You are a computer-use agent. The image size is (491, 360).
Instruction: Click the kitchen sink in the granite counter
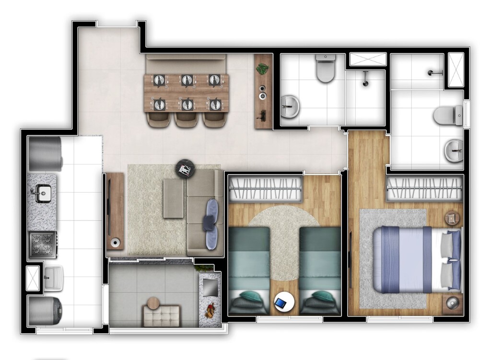coord(42,194)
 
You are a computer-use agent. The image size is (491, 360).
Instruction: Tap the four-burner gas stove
coord(42,244)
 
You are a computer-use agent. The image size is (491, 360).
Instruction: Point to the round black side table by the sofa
coord(185,169)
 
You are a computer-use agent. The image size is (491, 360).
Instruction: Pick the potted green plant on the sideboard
coord(262,69)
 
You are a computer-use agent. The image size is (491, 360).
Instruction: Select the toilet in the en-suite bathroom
coord(447,116)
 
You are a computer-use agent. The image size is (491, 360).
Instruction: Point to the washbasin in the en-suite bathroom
coord(453,151)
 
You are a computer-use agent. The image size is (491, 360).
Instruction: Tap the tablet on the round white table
coord(281,303)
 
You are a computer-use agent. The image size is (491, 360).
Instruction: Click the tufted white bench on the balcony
coord(162,317)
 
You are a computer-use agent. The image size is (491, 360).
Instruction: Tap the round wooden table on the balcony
coord(153,303)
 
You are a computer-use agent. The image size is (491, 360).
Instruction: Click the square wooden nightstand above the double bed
coord(452,219)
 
